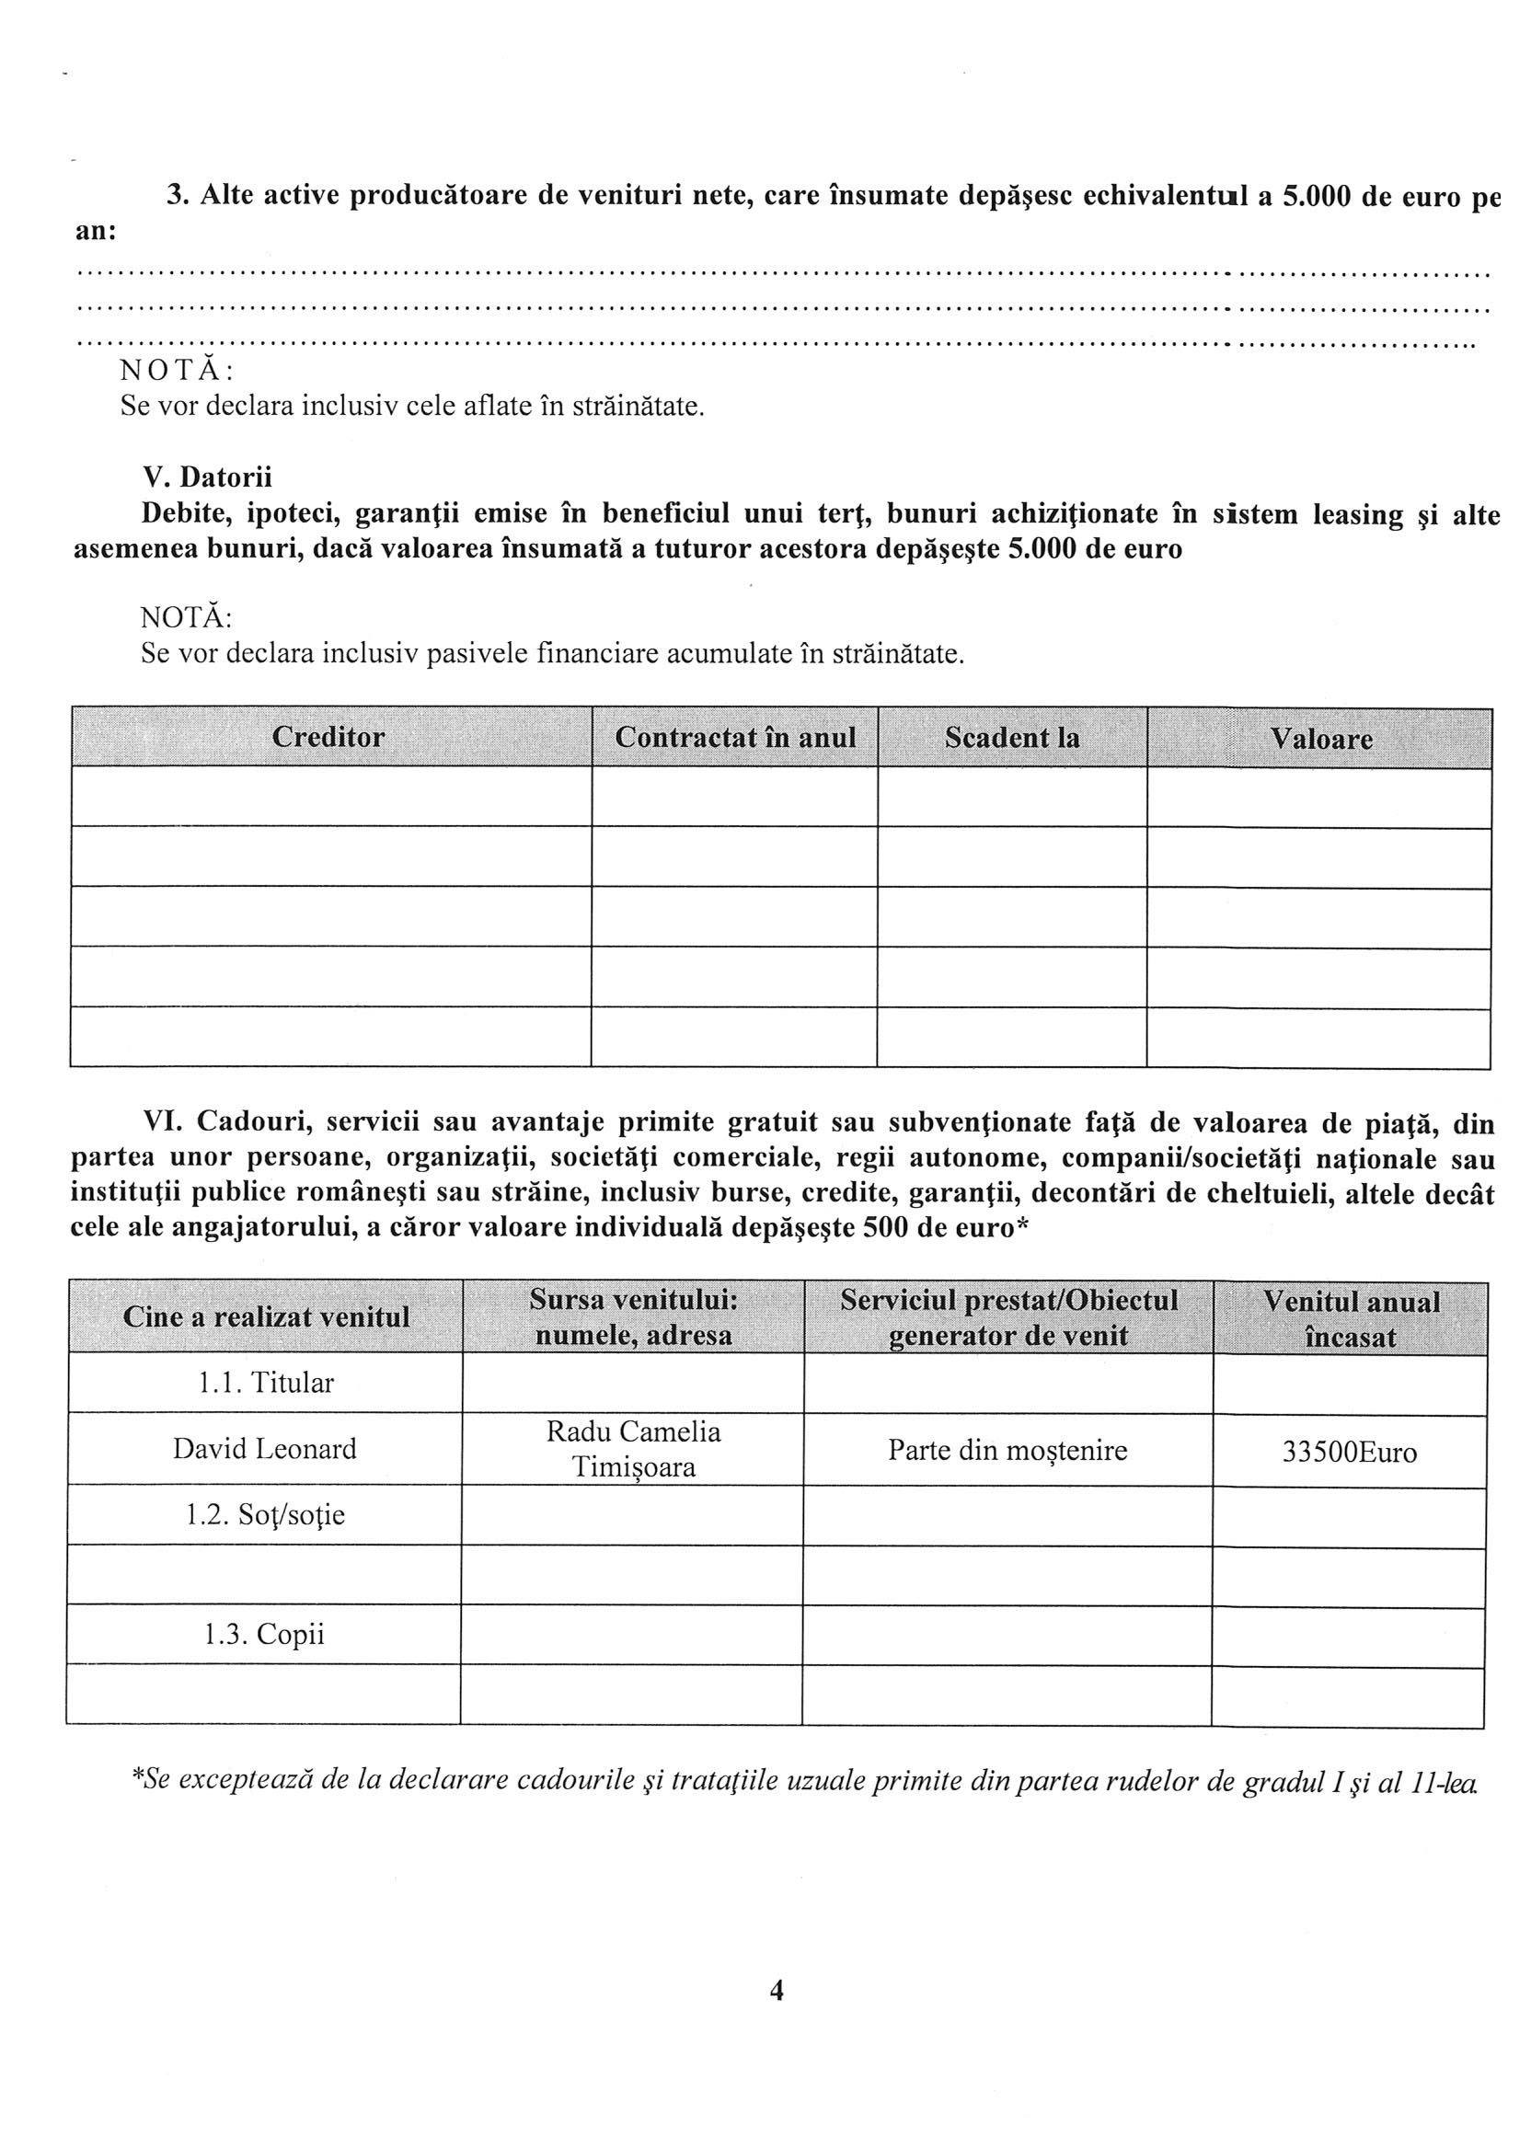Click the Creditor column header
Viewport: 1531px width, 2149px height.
point(328,737)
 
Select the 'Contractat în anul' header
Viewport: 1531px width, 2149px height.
point(735,737)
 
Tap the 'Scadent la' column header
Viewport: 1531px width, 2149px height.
point(1011,737)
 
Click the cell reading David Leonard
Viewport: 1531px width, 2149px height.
point(265,1449)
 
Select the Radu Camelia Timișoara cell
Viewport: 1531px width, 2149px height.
point(633,1449)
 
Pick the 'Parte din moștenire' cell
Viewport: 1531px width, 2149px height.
point(1007,1450)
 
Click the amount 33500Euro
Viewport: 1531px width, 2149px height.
point(1349,1452)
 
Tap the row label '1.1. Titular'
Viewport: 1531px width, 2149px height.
point(266,1384)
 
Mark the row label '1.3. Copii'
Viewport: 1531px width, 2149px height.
point(264,1635)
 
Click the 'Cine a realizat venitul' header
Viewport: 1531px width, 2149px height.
point(266,1316)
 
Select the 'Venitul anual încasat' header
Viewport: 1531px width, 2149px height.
point(1351,1318)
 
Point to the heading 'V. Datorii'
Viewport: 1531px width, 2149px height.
point(206,477)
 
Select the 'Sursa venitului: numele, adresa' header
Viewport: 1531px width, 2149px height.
point(633,1317)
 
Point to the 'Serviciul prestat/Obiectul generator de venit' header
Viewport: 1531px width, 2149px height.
point(1007,1317)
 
